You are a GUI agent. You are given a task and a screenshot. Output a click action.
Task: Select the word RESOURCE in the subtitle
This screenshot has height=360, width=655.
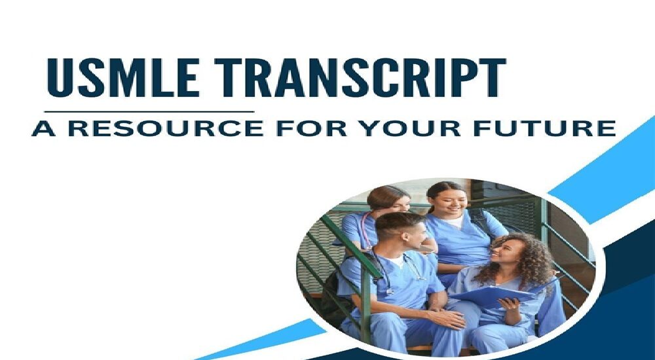tap(166, 128)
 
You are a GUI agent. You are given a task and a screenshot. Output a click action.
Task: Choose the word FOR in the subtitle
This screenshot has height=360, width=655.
tap(312, 128)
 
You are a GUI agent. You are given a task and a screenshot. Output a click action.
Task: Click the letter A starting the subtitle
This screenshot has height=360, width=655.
tap(43, 128)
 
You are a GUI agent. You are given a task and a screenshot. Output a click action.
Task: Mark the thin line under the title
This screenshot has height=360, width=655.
tap(149, 111)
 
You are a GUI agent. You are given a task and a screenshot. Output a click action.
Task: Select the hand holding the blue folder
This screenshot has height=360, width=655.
tap(509, 304)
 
